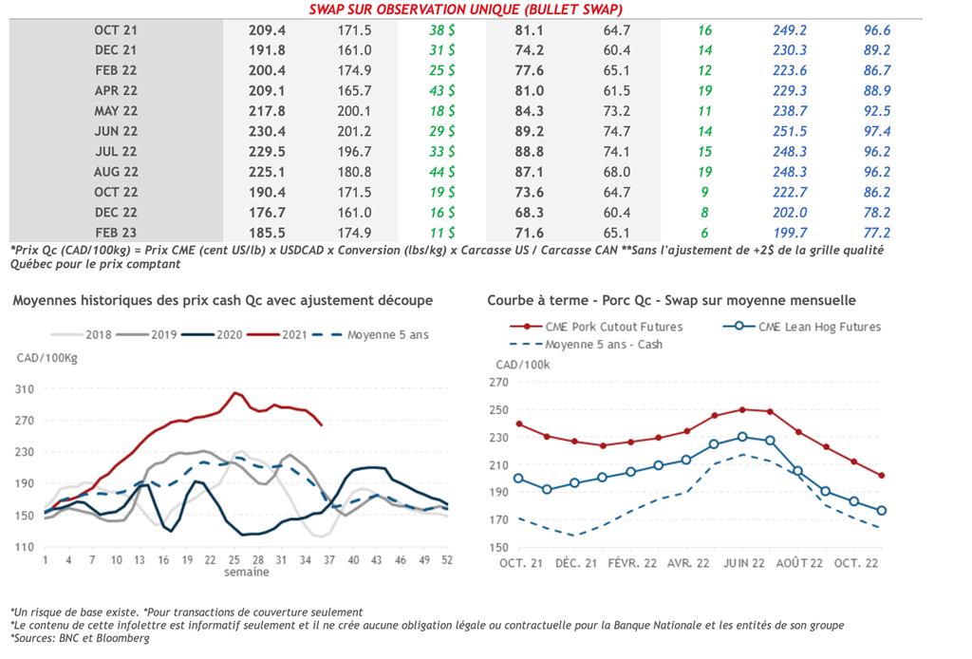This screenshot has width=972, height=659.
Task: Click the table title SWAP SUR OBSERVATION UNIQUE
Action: (x=466, y=9)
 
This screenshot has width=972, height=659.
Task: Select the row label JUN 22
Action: (x=115, y=131)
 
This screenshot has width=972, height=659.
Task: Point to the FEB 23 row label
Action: (x=115, y=233)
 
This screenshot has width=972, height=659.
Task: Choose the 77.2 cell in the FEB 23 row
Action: (x=874, y=233)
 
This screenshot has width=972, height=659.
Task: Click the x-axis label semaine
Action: (x=246, y=572)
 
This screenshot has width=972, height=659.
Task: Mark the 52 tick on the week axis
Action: (x=447, y=560)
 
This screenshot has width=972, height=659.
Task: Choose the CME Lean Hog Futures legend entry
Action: (x=819, y=327)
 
